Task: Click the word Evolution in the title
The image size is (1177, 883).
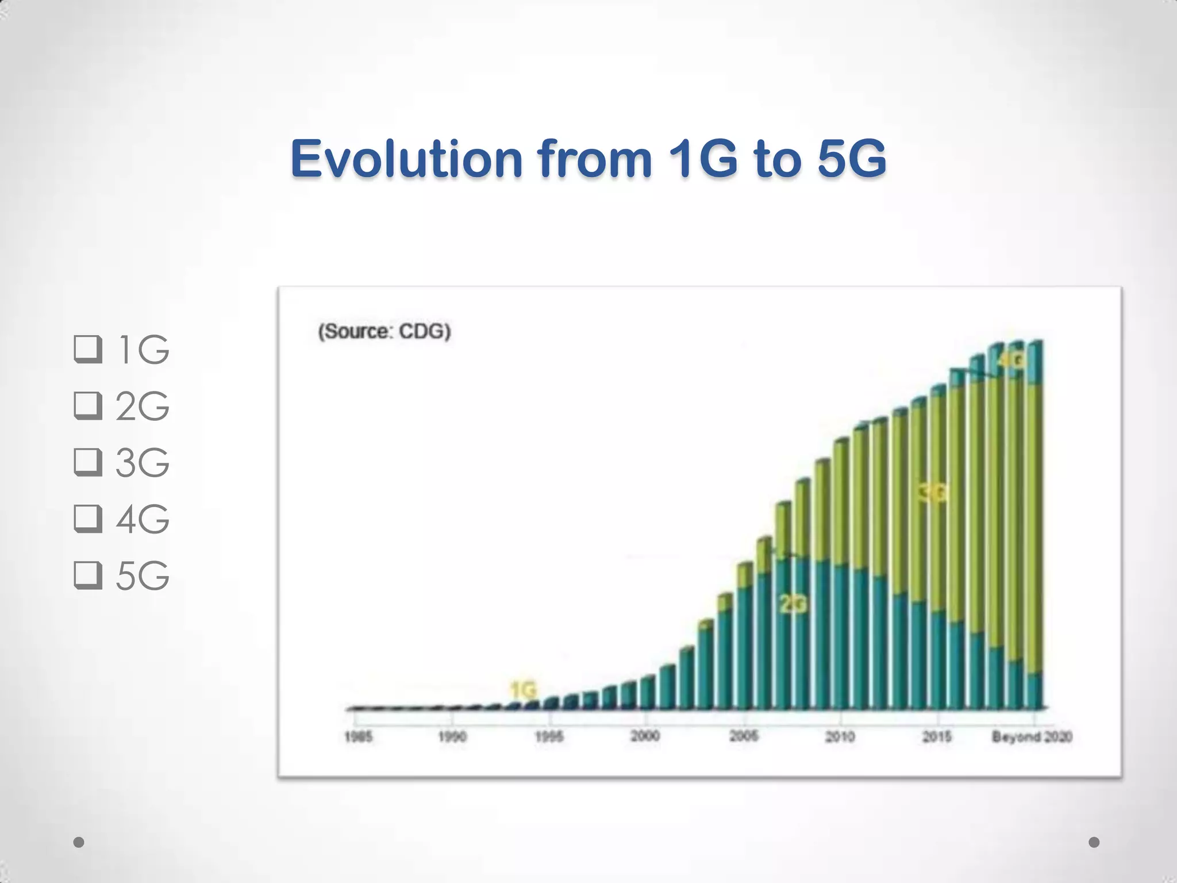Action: click(x=405, y=159)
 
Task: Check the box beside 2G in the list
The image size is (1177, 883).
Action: click(x=88, y=406)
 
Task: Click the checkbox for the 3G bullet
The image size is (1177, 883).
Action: click(x=88, y=463)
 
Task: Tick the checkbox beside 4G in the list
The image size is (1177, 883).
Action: click(x=88, y=519)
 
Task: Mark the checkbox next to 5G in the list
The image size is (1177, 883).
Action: click(x=88, y=575)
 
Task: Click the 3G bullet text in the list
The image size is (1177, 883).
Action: click(x=142, y=463)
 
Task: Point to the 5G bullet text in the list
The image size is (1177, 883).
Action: click(x=142, y=575)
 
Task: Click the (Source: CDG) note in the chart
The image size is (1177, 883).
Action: click(x=384, y=332)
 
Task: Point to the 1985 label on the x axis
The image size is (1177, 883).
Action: click(x=358, y=737)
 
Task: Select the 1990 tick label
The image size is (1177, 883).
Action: click(x=452, y=737)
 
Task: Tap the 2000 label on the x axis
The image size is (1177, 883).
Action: click(x=645, y=736)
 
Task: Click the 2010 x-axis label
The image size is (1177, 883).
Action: click(x=840, y=736)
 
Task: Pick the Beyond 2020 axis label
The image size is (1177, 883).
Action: click(x=1032, y=736)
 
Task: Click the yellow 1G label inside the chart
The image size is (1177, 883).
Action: click(x=523, y=689)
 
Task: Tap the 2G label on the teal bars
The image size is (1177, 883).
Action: click(x=793, y=604)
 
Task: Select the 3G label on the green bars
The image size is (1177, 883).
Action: click(x=932, y=493)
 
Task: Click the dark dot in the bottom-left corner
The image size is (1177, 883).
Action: click(x=79, y=842)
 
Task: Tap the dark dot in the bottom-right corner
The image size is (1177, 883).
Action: click(x=1094, y=842)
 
